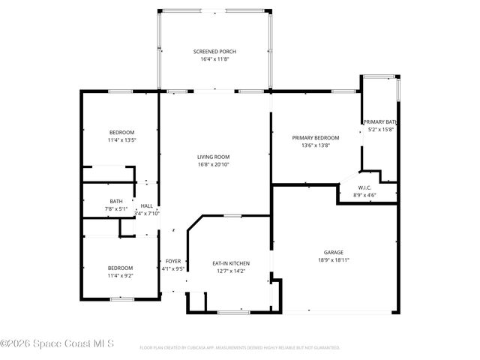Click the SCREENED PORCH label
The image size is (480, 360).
(x=214, y=52)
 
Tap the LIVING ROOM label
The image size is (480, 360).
(x=213, y=157)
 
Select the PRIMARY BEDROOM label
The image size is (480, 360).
(x=316, y=138)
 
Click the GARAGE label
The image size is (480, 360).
(x=334, y=253)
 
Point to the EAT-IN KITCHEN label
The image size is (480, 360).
(x=231, y=263)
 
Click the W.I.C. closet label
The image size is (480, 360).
(x=364, y=187)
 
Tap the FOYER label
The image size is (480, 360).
(x=173, y=261)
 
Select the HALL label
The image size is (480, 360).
(x=146, y=206)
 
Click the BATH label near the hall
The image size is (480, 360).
(x=116, y=201)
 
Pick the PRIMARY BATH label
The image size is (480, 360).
(x=379, y=122)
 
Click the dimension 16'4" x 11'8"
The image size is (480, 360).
(x=214, y=59)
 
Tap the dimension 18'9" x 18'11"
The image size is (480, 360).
(x=334, y=260)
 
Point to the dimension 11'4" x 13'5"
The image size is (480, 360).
(x=121, y=139)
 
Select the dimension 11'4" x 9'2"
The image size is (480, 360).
(x=120, y=275)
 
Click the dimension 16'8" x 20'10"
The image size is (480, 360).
(x=213, y=164)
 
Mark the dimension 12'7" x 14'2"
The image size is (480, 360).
(x=231, y=271)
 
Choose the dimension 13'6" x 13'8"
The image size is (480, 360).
(x=316, y=145)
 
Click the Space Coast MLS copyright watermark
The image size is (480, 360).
(x=57, y=345)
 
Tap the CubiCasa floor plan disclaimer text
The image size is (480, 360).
(x=240, y=348)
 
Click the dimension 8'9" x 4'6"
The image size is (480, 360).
(x=364, y=195)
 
